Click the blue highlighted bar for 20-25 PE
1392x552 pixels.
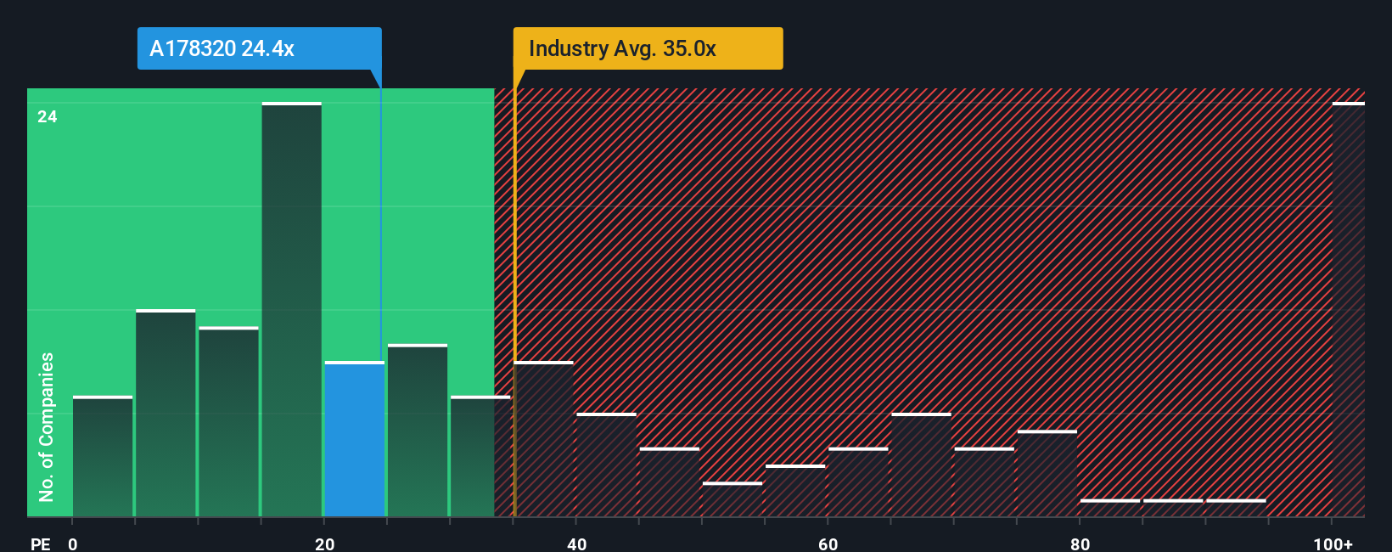[355, 439]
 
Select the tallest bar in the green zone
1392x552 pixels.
[292, 310]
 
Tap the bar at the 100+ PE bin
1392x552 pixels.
[1348, 310]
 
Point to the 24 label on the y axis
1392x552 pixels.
[48, 117]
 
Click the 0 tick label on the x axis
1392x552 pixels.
[73, 544]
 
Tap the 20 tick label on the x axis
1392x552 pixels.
[324, 544]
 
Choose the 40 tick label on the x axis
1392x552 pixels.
[576, 544]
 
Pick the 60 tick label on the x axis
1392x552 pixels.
[828, 544]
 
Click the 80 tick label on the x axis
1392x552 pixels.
[1080, 544]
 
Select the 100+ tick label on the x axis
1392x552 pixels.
[1333, 544]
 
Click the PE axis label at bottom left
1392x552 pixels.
[41, 544]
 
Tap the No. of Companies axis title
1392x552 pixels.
[47, 426]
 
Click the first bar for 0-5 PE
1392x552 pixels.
[103, 457]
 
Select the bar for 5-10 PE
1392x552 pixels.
[166, 414]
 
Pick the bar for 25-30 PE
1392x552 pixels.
[418, 431]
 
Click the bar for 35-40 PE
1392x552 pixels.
[544, 439]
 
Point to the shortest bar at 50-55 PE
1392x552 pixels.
[732, 500]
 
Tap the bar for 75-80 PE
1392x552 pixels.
[1047, 474]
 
